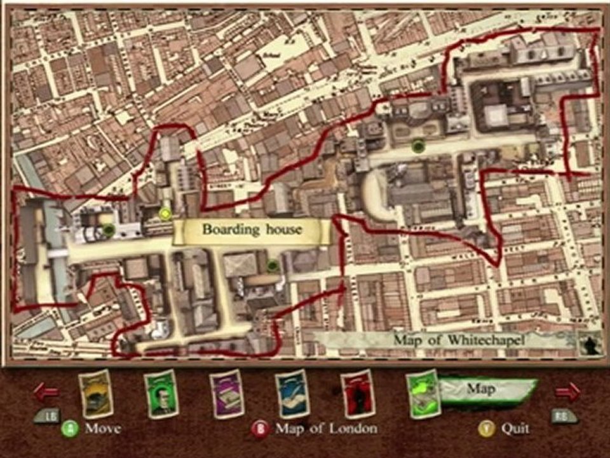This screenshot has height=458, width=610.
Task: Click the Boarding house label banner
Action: click(x=252, y=230)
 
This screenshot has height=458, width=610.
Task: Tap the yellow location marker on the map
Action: click(x=166, y=214)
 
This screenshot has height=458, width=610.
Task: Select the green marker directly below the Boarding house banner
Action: click(x=273, y=265)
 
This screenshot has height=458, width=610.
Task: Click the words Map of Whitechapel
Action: click(x=459, y=340)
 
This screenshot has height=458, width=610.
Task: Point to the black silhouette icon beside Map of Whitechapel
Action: click(x=590, y=344)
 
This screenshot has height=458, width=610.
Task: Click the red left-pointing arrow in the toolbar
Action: click(x=46, y=391)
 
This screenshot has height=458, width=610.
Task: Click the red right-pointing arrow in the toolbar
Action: click(x=567, y=391)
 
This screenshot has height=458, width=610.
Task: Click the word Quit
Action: click(x=515, y=428)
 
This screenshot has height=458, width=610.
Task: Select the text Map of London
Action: click(x=326, y=428)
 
